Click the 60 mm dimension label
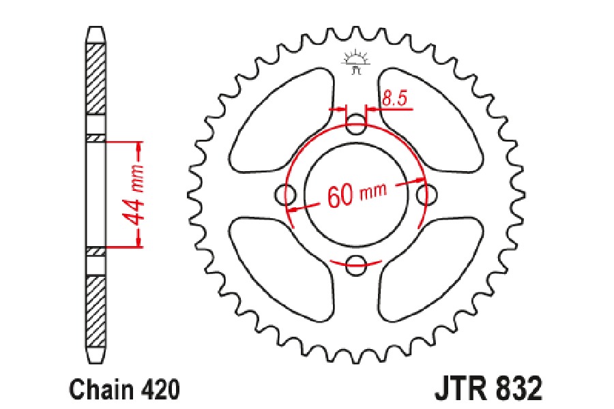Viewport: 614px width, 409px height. click(x=357, y=194)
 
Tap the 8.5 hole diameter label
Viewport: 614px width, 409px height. click(x=395, y=98)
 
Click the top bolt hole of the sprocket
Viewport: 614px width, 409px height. click(x=356, y=124)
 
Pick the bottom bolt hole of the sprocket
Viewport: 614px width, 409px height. click(x=356, y=265)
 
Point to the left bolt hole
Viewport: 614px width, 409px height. click(x=285, y=194)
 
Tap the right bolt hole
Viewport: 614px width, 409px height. click(x=426, y=194)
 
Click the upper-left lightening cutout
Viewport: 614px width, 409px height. click(x=282, y=121)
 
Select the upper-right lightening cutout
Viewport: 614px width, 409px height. click(x=430, y=121)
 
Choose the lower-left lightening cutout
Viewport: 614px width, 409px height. click(x=282, y=270)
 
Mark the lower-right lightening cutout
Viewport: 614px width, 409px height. click(x=430, y=270)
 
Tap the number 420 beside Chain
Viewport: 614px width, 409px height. click(x=160, y=389)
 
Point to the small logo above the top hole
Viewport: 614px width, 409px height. click(x=356, y=62)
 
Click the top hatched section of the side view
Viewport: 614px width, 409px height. click(x=96, y=78)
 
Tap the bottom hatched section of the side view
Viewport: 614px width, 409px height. click(x=96, y=312)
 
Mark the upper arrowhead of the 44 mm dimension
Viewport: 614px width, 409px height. click(x=138, y=146)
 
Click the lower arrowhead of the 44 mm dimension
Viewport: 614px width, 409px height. click(x=138, y=242)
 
